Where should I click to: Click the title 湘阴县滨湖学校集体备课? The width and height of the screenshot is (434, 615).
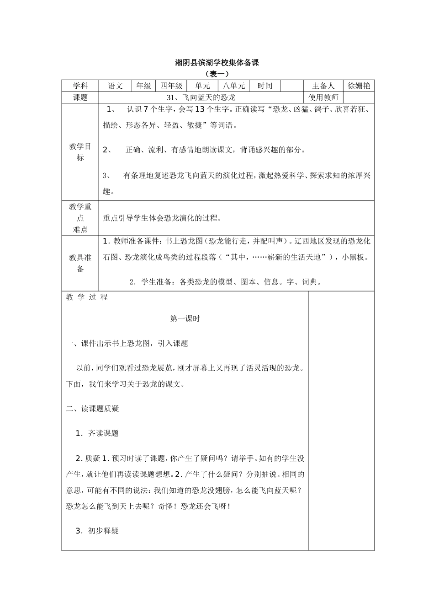point(217,63)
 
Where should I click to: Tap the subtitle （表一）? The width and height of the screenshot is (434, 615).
point(217,74)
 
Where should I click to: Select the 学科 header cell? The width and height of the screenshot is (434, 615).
point(80,86)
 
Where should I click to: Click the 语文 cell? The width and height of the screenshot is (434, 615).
point(115,86)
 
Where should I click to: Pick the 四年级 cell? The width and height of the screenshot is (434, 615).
point(171,86)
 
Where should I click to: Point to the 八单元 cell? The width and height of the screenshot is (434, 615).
point(234,86)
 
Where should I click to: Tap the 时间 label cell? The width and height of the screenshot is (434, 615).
point(265,86)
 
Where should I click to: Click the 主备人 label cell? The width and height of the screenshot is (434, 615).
point(323,86)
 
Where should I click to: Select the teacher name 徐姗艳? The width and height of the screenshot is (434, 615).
point(359,86)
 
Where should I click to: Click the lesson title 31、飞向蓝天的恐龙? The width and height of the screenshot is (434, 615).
point(201,97)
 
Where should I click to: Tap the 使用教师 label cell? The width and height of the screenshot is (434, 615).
point(323,97)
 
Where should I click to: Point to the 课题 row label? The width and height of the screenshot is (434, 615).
point(80,97)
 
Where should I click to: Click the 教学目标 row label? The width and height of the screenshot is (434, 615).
point(80,152)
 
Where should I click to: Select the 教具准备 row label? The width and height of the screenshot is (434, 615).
point(80,263)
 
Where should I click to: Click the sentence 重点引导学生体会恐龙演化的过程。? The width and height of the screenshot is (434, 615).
point(162,218)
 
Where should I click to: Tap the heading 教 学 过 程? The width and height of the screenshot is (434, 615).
point(87,297)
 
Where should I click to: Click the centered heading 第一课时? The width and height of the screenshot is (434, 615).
point(185,319)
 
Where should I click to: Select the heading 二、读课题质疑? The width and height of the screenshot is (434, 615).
point(93,409)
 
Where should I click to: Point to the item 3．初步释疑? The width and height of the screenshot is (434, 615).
point(97,531)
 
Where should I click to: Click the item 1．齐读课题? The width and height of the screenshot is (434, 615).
point(97,433)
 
